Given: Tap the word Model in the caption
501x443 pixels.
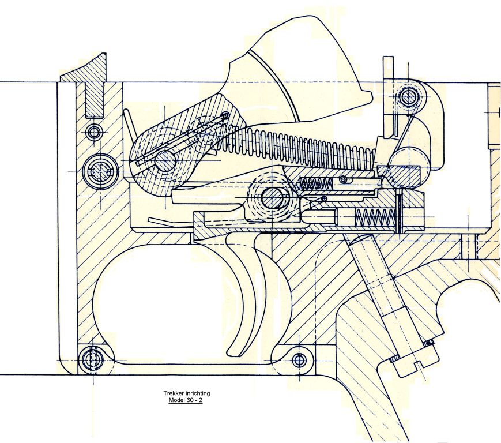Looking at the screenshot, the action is [x=176, y=400].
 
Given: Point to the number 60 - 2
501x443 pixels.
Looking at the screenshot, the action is [x=194, y=400].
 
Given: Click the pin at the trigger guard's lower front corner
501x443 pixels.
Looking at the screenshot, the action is [x=92, y=359].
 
